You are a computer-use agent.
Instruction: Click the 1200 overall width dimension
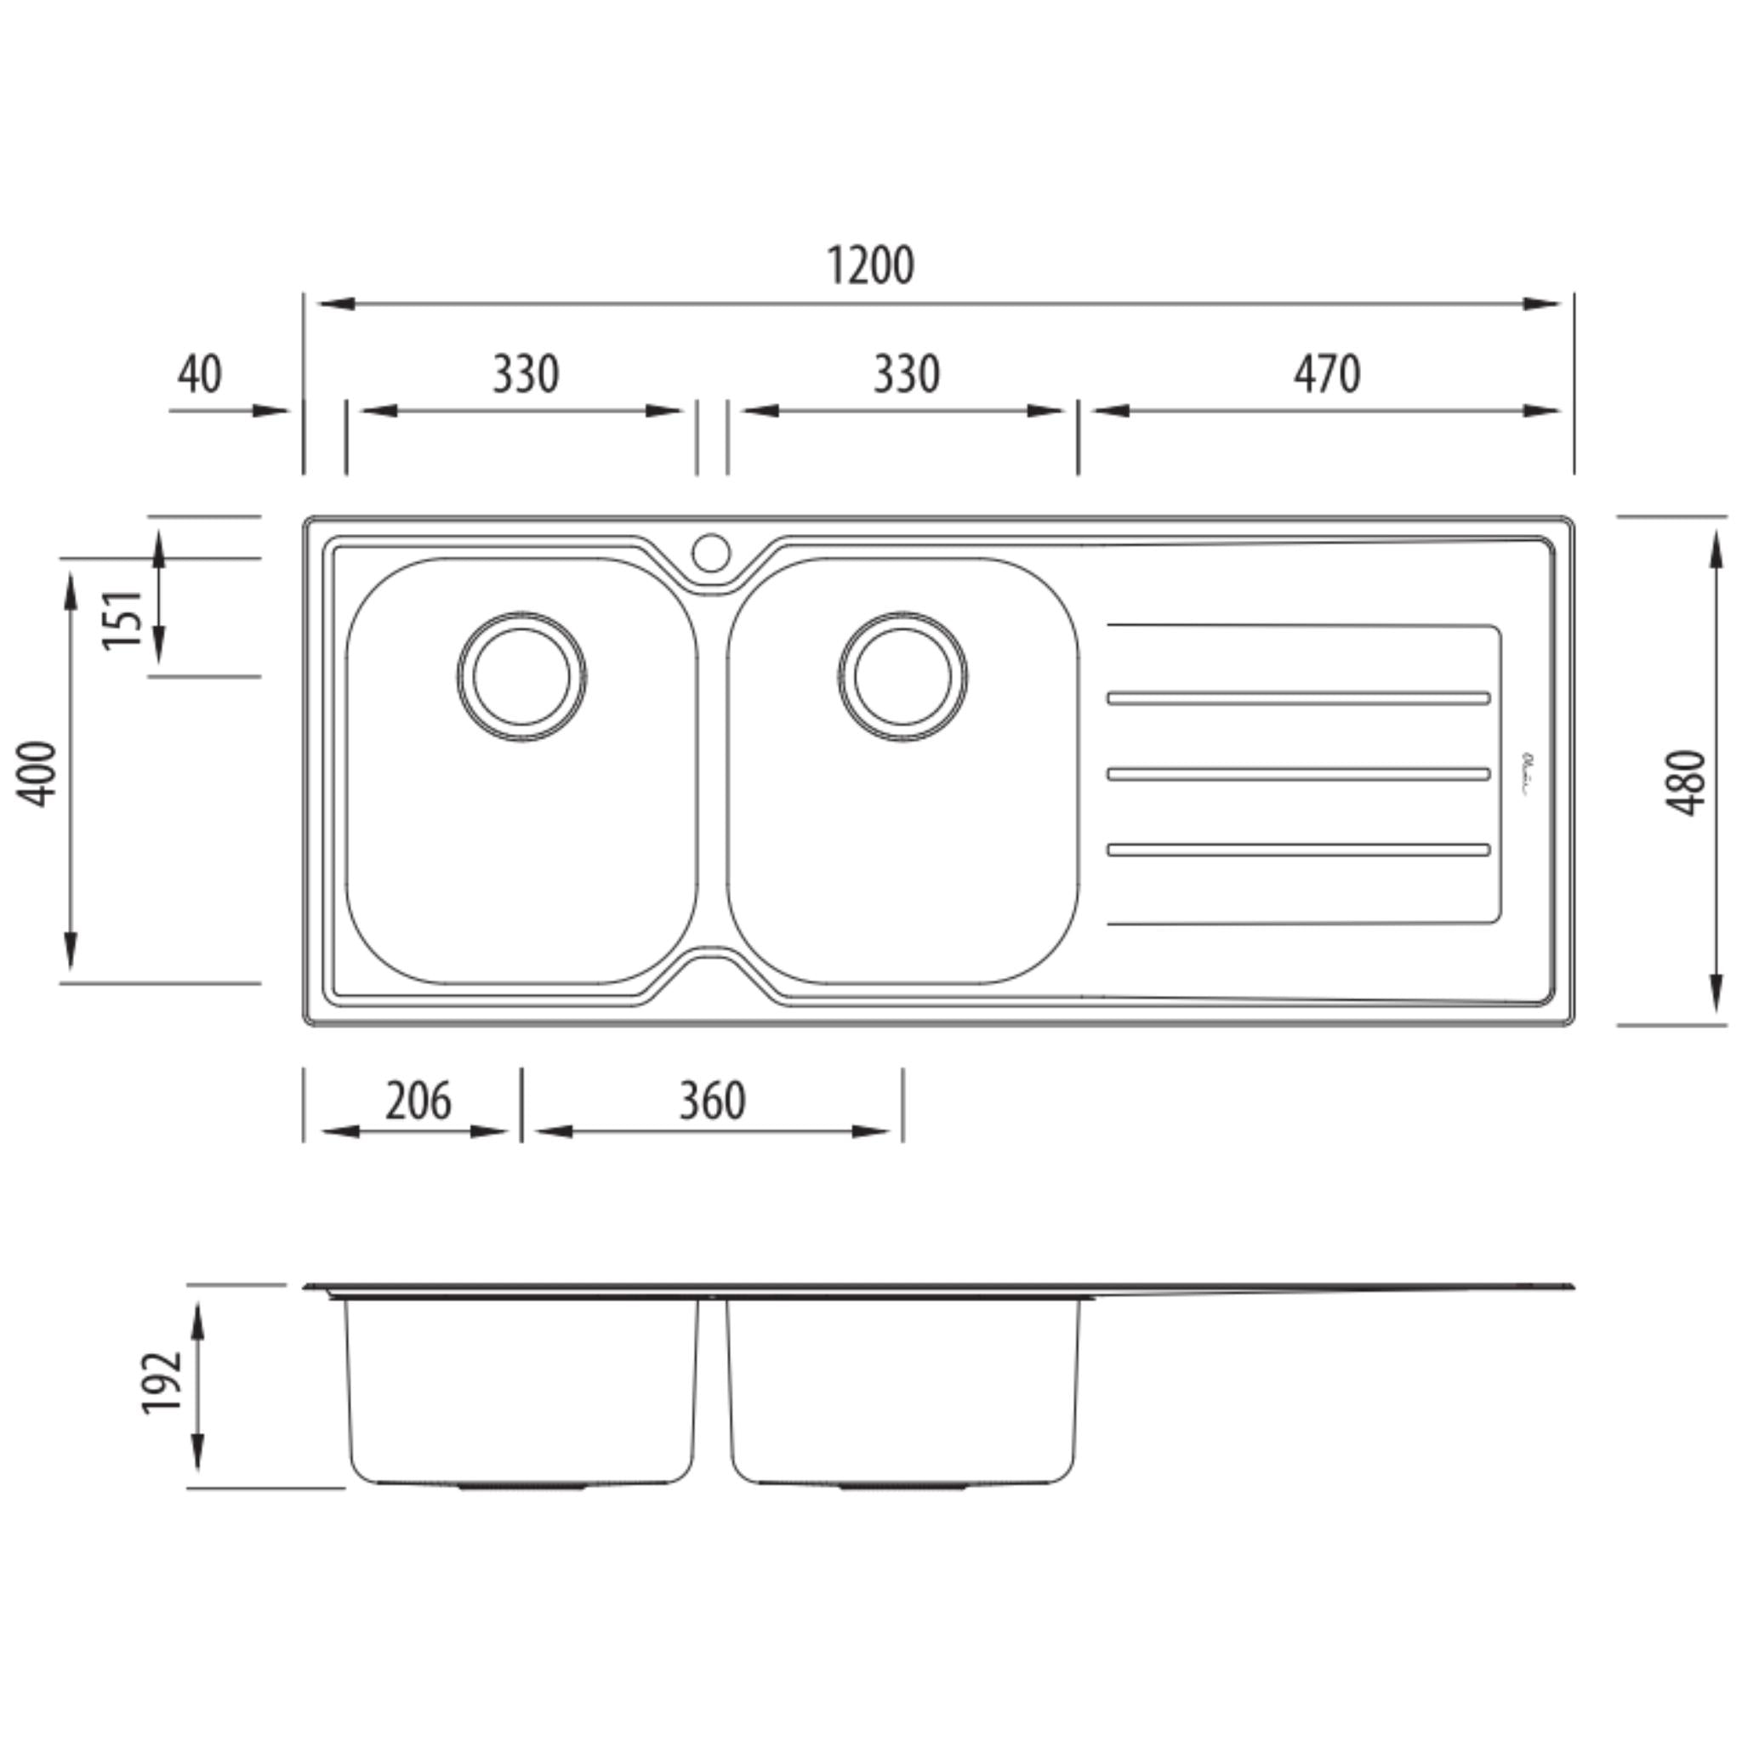click(x=870, y=266)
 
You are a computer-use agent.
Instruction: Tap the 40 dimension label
click(x=199, y=374)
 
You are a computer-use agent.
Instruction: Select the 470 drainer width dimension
click(x=1327, y=374)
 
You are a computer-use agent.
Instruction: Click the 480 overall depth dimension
click(x=1684, y=783)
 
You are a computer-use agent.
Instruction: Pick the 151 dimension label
click(x=123, y=618)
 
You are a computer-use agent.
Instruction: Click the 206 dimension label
click(x=418, y=1101)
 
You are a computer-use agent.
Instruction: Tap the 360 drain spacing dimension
click(x=711, y=1101)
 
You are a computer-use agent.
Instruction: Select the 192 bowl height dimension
click(x=163, y=1383)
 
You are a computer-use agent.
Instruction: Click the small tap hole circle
click(x=710, y=553)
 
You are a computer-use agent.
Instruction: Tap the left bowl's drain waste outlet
click(x=521, y=677)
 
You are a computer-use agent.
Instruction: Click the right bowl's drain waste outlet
click(x=902, y=677)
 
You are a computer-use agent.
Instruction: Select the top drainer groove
click(x=1298, y=697)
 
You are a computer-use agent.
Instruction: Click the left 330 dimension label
click(x=525, y=374)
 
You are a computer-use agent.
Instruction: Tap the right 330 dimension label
click(x=906, y=374)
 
